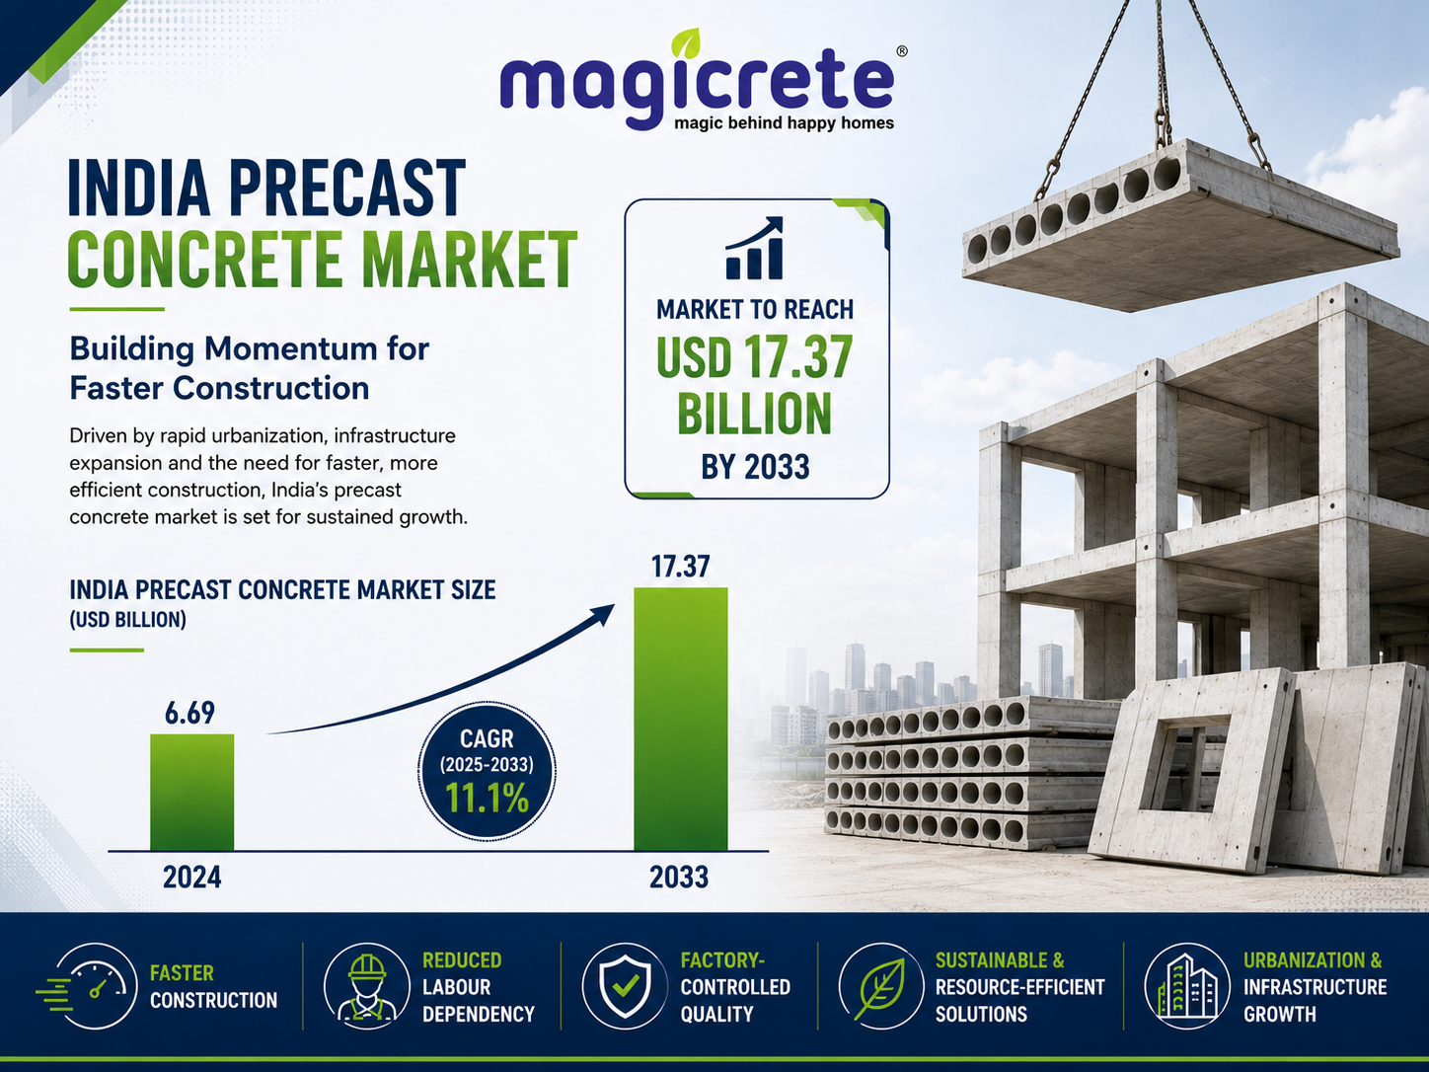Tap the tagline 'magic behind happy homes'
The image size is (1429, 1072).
[784, 123]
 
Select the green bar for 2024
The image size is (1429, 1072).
[192, 792]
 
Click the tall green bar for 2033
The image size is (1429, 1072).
[681, 720]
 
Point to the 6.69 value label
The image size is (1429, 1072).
[189, 714]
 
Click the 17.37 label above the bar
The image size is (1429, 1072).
[680, 567]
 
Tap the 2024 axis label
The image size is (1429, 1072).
[192, 877]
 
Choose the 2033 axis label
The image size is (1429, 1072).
[679, 877]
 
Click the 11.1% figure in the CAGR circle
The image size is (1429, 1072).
[487, 798]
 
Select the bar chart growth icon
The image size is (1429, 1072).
[754, 248]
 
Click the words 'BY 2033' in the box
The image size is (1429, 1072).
[755, 467]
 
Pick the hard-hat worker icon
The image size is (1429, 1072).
[367, 986]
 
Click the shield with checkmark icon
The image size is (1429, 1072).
[625, 986]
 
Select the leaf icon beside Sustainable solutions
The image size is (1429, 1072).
[881, 986]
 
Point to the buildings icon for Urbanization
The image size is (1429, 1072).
[1187, 986]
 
